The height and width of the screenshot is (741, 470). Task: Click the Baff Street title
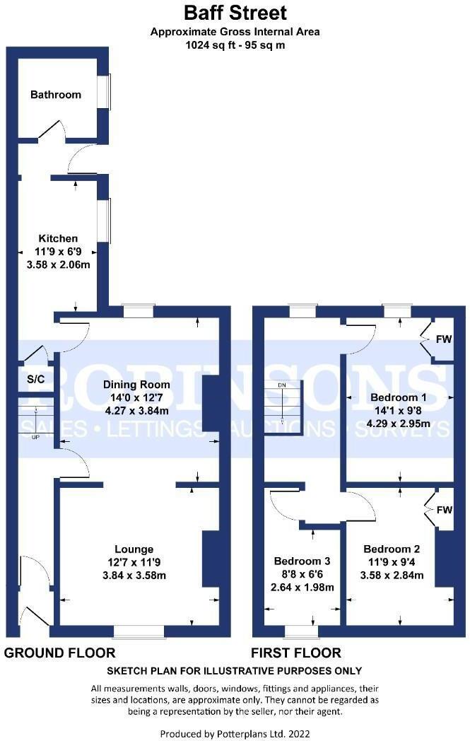235,12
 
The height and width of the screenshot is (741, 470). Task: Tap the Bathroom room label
56,95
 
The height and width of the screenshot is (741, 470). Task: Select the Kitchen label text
58,238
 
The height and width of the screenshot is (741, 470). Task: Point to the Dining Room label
137,385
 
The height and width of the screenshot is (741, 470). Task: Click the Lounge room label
134,549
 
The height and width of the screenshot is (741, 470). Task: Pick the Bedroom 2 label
392,549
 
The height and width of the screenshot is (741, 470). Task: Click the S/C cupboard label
35,380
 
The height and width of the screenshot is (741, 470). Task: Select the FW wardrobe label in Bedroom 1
443,340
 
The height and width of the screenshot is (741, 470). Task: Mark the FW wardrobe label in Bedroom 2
444,510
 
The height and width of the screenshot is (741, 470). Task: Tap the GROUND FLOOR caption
60,653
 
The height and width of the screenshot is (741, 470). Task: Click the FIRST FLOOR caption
296,653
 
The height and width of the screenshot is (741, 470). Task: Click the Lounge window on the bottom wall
139,630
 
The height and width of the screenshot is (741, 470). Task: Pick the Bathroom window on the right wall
108,92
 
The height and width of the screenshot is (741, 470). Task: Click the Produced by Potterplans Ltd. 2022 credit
235,734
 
